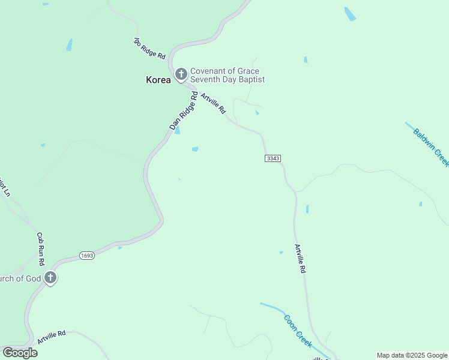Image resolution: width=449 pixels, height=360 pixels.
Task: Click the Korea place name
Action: [x=158, y=79]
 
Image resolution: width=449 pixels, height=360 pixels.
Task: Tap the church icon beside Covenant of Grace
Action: [x=181, y=74]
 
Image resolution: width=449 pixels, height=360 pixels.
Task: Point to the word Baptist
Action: [x=251, y=79]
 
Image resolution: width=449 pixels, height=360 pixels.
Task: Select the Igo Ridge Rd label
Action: [x=149, y=48]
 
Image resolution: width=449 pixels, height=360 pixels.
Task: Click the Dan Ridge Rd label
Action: [x=184, y=111]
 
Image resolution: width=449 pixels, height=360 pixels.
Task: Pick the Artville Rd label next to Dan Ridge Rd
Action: [x=213, y=103]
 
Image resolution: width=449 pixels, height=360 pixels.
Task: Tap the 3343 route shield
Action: [x=273, y=158]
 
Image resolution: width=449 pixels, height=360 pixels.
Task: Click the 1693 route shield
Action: [x=87, y=256]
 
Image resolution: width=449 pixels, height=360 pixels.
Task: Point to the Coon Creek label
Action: [x=298, y=331]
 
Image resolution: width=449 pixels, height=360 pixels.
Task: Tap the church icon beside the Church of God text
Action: [x=50, y=278]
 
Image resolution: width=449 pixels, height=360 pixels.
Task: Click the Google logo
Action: [x=20, y=352]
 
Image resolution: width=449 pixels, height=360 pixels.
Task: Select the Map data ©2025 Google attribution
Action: [x=411, y=355]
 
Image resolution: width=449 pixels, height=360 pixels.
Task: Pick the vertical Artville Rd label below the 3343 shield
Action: [x=300, y=259]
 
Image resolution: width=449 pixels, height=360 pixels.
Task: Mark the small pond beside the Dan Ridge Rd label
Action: [x=177, y=130]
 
